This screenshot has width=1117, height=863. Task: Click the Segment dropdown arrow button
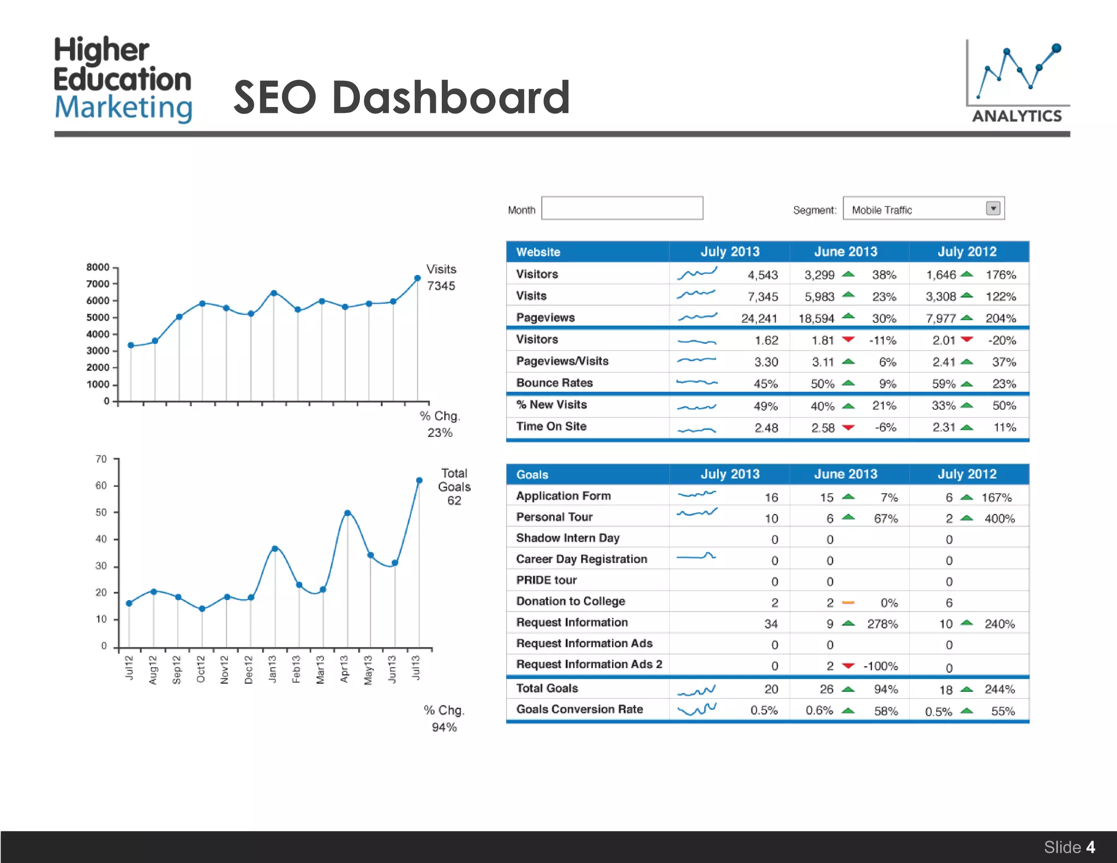993,208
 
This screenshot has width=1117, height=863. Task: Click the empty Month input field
622,208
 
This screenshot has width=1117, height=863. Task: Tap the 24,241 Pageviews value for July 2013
759,319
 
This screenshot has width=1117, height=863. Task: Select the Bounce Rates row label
554,383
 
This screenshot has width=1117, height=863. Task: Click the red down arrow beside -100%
848,666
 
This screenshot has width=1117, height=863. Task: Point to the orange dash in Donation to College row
848,603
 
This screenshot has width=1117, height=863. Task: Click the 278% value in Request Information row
882,624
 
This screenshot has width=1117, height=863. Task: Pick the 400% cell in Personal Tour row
999,519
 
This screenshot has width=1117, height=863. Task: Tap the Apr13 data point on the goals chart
347,513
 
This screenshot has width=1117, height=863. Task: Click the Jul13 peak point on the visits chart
418,278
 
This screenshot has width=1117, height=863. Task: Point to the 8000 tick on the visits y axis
98,267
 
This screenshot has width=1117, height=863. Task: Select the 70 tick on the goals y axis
101,459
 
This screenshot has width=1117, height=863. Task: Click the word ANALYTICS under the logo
1017,116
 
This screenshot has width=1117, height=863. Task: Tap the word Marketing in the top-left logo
123,107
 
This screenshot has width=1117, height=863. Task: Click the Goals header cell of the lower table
532,475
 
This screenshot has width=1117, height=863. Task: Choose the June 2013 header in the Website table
845,252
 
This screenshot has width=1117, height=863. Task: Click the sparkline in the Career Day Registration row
696,556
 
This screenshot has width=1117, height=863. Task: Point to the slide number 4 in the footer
1090,847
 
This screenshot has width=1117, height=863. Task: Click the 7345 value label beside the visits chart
441,286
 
